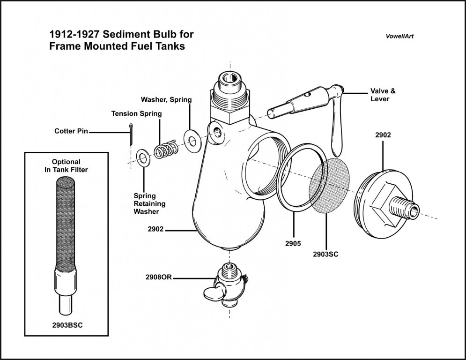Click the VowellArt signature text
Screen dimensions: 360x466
[397, 36]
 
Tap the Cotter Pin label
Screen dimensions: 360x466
[69, 132]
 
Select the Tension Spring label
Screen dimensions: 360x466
[136, 113]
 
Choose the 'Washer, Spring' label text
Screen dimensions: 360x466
[166, 99]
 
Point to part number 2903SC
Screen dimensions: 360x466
[325, 255]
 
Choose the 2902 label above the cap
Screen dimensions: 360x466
[383, 135]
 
